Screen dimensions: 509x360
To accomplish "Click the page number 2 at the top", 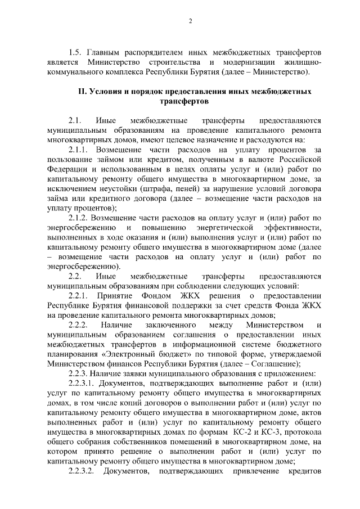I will [190, 21].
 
